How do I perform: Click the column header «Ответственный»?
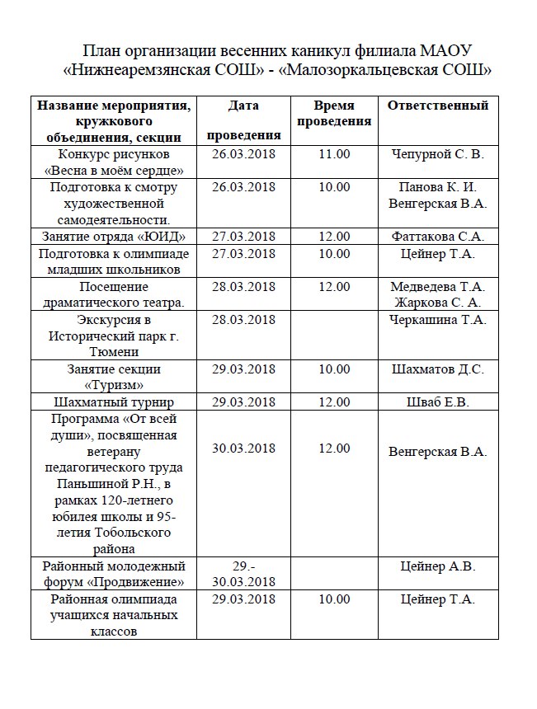(x=438, y=106)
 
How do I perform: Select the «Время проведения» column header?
(x=334, y=114)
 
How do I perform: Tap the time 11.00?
(x=334, y=154)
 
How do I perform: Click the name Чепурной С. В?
(x=438, y=154)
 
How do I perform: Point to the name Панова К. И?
(x=438, y=186)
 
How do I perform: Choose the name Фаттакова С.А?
(x=438, y=237)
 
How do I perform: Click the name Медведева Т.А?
(x=438, y=287)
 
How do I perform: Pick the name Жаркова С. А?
(x=438, y=303)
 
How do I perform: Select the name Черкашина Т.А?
(x=438, y=319)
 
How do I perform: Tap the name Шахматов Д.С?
(x=438, y=369)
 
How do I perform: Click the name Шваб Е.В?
(x=438, y=402)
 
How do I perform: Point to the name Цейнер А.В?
(x=438, y=566)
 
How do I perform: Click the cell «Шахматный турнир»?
(x=114, y=402)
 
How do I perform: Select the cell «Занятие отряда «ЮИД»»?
(x=114, y=237)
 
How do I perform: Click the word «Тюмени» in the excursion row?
(x=114, y=352)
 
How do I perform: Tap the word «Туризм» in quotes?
(x=114, y=385)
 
